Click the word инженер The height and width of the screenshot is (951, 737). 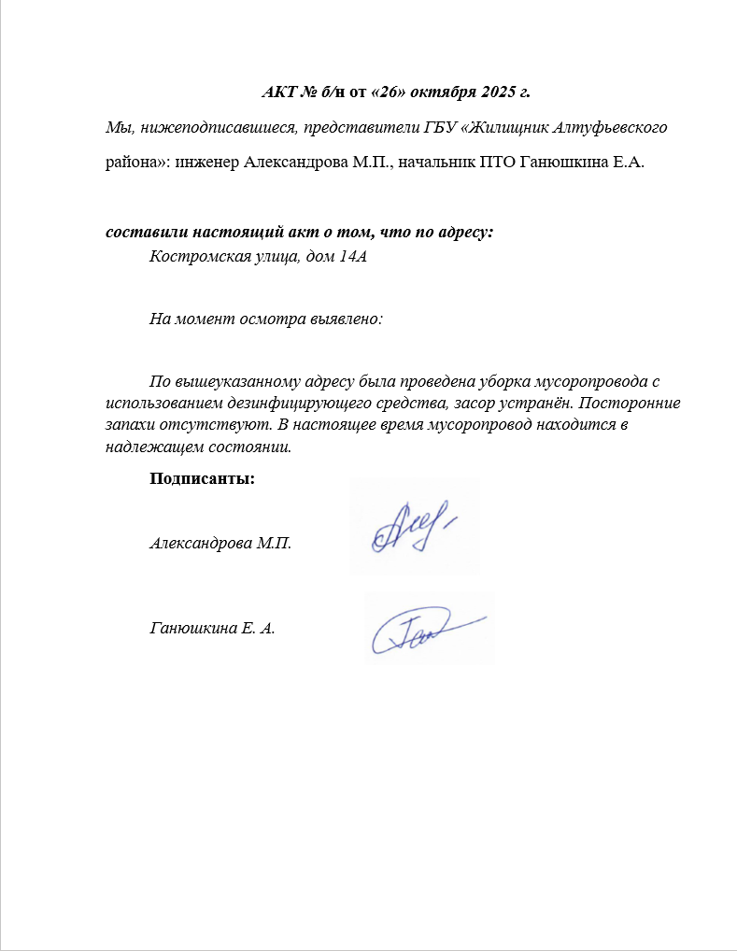pyautogui.click(x=205, y=162)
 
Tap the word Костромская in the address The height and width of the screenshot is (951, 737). pyautogui.click(x=194, y=257)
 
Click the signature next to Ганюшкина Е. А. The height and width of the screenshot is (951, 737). pyautogui.click(x=429, y=631)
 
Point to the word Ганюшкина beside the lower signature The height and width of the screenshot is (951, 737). pyautogui.click(x=191, y=629)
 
